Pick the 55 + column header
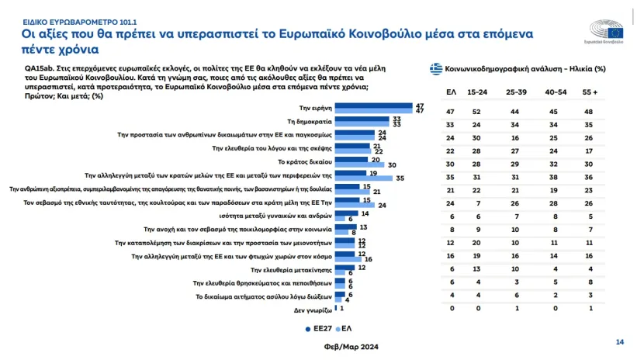pyautogui.click(x=591, y=92)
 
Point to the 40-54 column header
pyautogui.click(x=553, y=92)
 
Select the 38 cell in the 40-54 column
pyautogui.click(x=553, y=177)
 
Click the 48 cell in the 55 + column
pyautogui.click(x=591, y=112)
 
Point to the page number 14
pyautogui.click(x=619, y=341)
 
